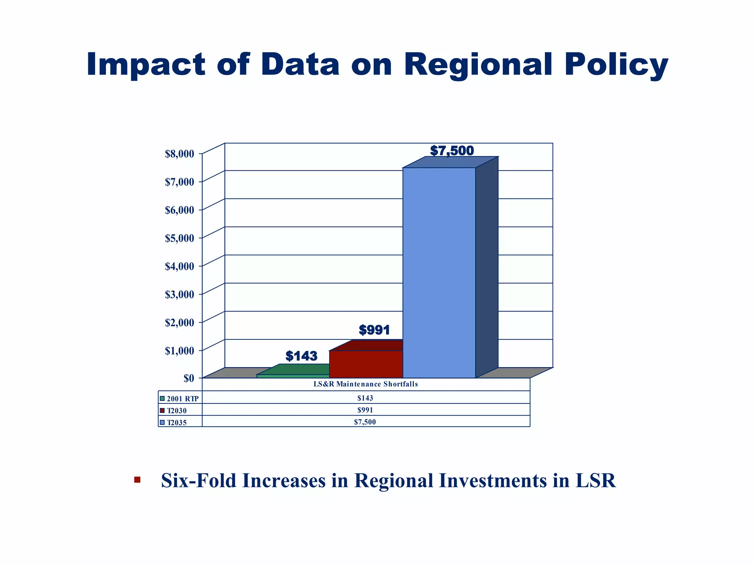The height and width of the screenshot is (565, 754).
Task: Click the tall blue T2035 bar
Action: coord(439,272)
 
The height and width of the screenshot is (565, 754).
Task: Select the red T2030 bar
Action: coord(366,364)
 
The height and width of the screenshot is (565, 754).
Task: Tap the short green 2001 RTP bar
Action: coord(293,376)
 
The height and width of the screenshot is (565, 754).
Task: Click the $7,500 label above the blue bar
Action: coord(452,151)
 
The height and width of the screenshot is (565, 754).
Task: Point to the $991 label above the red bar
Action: coord(374,330)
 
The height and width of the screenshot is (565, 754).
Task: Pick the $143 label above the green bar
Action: coord(301,356)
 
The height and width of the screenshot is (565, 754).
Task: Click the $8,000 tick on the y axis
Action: coord(179,154)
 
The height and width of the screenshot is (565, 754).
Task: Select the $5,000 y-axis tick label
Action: coord(179,238)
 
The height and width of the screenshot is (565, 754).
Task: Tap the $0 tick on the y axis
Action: coord(188,378)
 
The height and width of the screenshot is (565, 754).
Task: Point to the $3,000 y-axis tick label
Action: coord(179,295)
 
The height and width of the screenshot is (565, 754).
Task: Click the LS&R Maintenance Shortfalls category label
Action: coord(366,384)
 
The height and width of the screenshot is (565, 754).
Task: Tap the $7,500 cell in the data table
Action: coord(365,422)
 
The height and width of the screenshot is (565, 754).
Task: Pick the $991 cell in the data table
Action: coord(365,410)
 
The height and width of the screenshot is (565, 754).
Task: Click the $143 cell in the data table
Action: coord(365,398)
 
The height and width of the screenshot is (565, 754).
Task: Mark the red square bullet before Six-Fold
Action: coord(137,479)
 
